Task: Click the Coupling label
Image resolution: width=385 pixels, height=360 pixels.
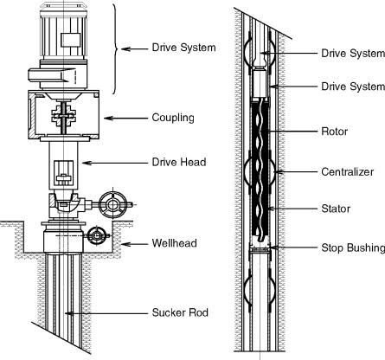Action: click(173, 118)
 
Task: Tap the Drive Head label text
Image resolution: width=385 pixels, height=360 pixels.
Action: click(179, 162)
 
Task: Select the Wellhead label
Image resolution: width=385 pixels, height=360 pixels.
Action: click(175, 243)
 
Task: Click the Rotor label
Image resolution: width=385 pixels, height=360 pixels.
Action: click(334, 132)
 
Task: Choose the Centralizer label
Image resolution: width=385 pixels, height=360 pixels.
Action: click(348, 172)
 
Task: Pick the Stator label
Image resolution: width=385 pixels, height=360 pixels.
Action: click(336, 209)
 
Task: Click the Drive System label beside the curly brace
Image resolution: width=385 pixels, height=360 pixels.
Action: click(183, 48)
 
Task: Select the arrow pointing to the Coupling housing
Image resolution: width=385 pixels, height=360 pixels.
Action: click(125, 118)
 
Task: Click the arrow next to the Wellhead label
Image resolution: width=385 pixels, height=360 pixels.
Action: click(134, 244)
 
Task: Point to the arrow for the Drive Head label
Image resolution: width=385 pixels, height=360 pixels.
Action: click(115, 163)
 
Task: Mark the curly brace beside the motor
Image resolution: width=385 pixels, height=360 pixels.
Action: click(115, 48)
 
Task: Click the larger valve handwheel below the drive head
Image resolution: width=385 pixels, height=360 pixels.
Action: click(112, 205)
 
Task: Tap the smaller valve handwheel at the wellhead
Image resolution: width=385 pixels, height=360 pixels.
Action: click(96, 235)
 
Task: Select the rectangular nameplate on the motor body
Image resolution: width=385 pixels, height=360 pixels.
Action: click(71, 40)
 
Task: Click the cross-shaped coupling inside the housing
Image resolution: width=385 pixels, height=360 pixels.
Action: click(63, 117)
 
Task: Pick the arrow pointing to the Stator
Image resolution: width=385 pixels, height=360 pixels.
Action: click(292, 209)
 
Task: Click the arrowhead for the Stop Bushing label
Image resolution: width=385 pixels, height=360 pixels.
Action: click(273, 247)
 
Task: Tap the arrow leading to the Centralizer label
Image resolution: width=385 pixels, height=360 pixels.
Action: click(295, 171)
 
